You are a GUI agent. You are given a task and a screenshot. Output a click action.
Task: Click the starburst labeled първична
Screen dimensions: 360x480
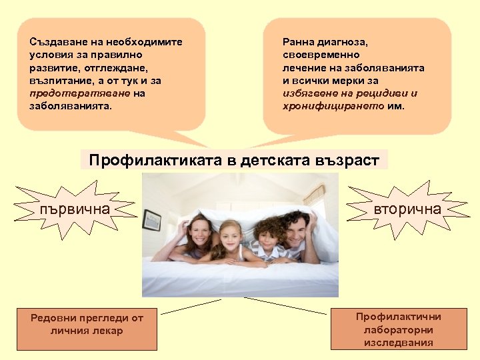coord(74,209)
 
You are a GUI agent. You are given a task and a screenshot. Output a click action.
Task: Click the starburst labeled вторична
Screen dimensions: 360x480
coord(406,209)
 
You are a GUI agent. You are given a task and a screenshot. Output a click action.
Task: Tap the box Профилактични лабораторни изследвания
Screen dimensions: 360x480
coord(399,329)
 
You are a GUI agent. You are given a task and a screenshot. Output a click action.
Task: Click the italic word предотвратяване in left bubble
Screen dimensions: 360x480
coord(80,93)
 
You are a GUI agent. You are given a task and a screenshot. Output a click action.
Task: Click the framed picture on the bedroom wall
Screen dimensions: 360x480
coord(152,219)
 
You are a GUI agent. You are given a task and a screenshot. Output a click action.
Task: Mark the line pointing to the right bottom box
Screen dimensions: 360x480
coord(287,305)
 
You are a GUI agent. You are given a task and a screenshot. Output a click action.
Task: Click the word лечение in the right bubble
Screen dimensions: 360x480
coord(303,67)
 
